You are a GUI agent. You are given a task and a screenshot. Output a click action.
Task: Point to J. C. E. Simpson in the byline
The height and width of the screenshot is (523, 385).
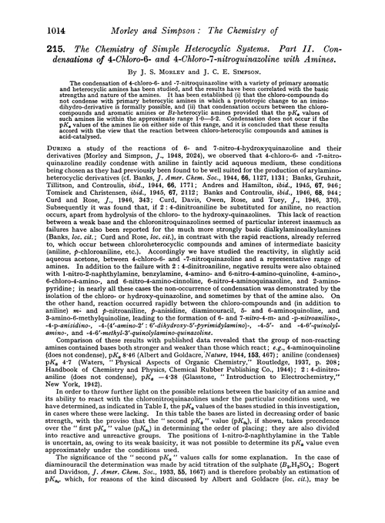231,73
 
